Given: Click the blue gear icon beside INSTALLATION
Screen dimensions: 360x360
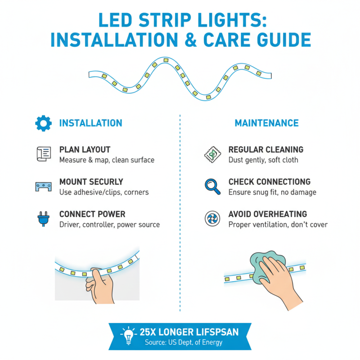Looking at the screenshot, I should (43, 123).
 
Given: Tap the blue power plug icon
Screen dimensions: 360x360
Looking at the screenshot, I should (43, 219).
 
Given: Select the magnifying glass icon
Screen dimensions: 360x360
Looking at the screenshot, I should (212, 186).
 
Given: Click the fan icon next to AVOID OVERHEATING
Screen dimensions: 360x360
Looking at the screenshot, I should (212, 219).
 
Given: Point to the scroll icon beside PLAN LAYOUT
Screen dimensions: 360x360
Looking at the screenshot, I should (43, 154).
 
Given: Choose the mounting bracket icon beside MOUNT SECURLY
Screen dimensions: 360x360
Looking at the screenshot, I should (43, 187).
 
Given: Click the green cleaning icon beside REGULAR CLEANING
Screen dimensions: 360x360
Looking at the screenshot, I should (212, 154).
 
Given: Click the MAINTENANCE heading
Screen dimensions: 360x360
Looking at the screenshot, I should (266, 123).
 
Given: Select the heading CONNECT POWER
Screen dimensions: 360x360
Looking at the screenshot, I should (92, 214).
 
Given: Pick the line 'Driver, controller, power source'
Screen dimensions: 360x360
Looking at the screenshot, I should (109, 225).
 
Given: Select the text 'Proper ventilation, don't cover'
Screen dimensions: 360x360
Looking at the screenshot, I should (278, 225).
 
